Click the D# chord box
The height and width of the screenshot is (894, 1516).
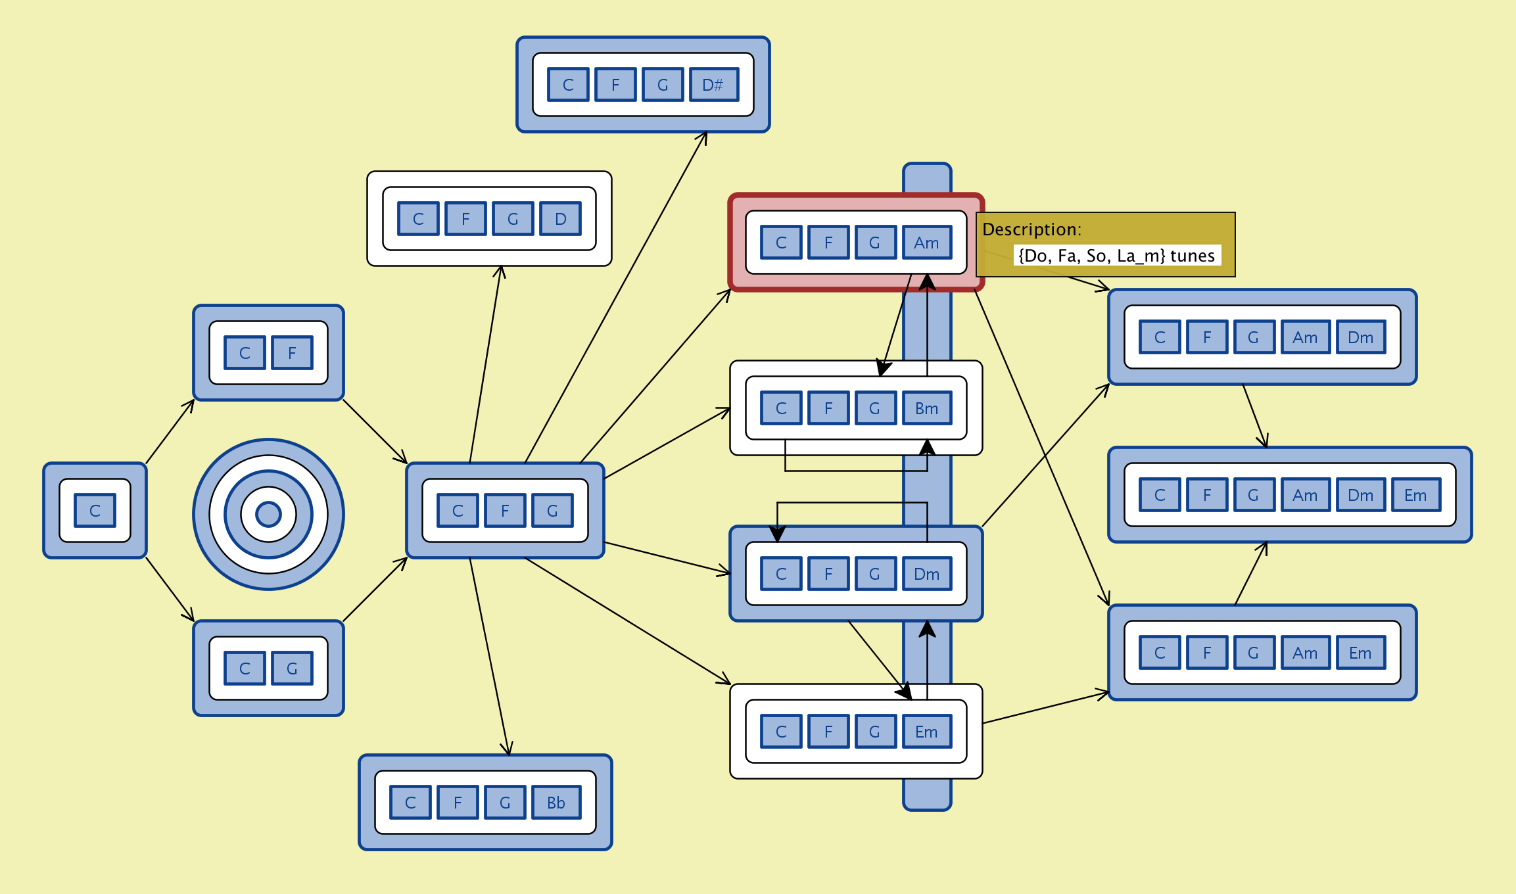tap(713, 85)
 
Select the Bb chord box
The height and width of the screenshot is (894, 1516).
tap(556, 803)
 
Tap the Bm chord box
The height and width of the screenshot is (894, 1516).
tap(926, 408)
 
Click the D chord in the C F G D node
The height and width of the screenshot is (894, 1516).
tap(560, 219)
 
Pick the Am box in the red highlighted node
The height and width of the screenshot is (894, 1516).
tap(926, 243)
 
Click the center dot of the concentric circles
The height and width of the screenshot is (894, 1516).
tap(268, 514)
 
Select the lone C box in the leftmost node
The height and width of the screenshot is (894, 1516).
tap(95, 511)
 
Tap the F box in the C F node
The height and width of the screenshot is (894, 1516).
tap(292, 353)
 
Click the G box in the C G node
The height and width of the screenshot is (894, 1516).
tap(292, 669)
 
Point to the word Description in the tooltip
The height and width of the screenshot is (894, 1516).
tap(1031, 229)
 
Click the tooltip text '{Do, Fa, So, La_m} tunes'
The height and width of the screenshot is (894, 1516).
tap(1116, 256)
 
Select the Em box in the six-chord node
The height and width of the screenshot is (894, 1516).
tap(1415, 495)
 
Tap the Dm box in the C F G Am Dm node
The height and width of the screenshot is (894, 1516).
tap(1360, 337)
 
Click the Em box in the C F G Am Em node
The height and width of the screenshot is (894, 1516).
tap(1360, 653)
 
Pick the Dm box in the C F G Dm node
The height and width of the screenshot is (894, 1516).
tap(926, 574)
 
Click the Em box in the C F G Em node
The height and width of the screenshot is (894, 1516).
tap(926, 732)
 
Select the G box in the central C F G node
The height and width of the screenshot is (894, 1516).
tap(552, 511)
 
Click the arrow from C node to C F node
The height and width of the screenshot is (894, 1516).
tap(170, 431)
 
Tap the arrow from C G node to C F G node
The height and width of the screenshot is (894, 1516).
tap(375, 590)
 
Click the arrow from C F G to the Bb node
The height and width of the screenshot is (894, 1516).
tap(490, 657)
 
